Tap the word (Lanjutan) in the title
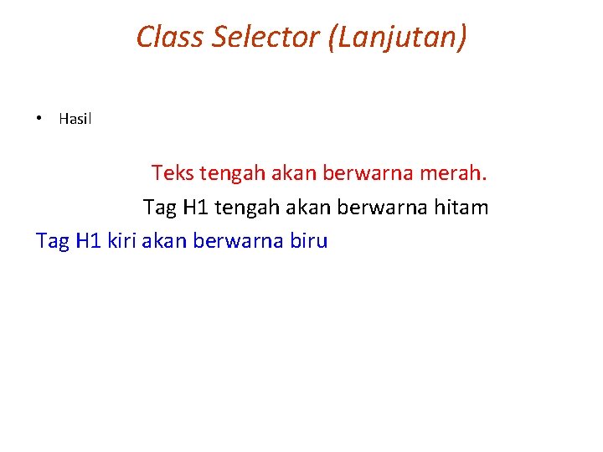click(x=399, y=37)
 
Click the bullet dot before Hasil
click(x=39, y=119)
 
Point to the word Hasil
click(x=75, y=119)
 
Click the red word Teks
click(x=173, y=174)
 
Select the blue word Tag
click(x=53, y=241)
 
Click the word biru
click(x=307, y=241)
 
